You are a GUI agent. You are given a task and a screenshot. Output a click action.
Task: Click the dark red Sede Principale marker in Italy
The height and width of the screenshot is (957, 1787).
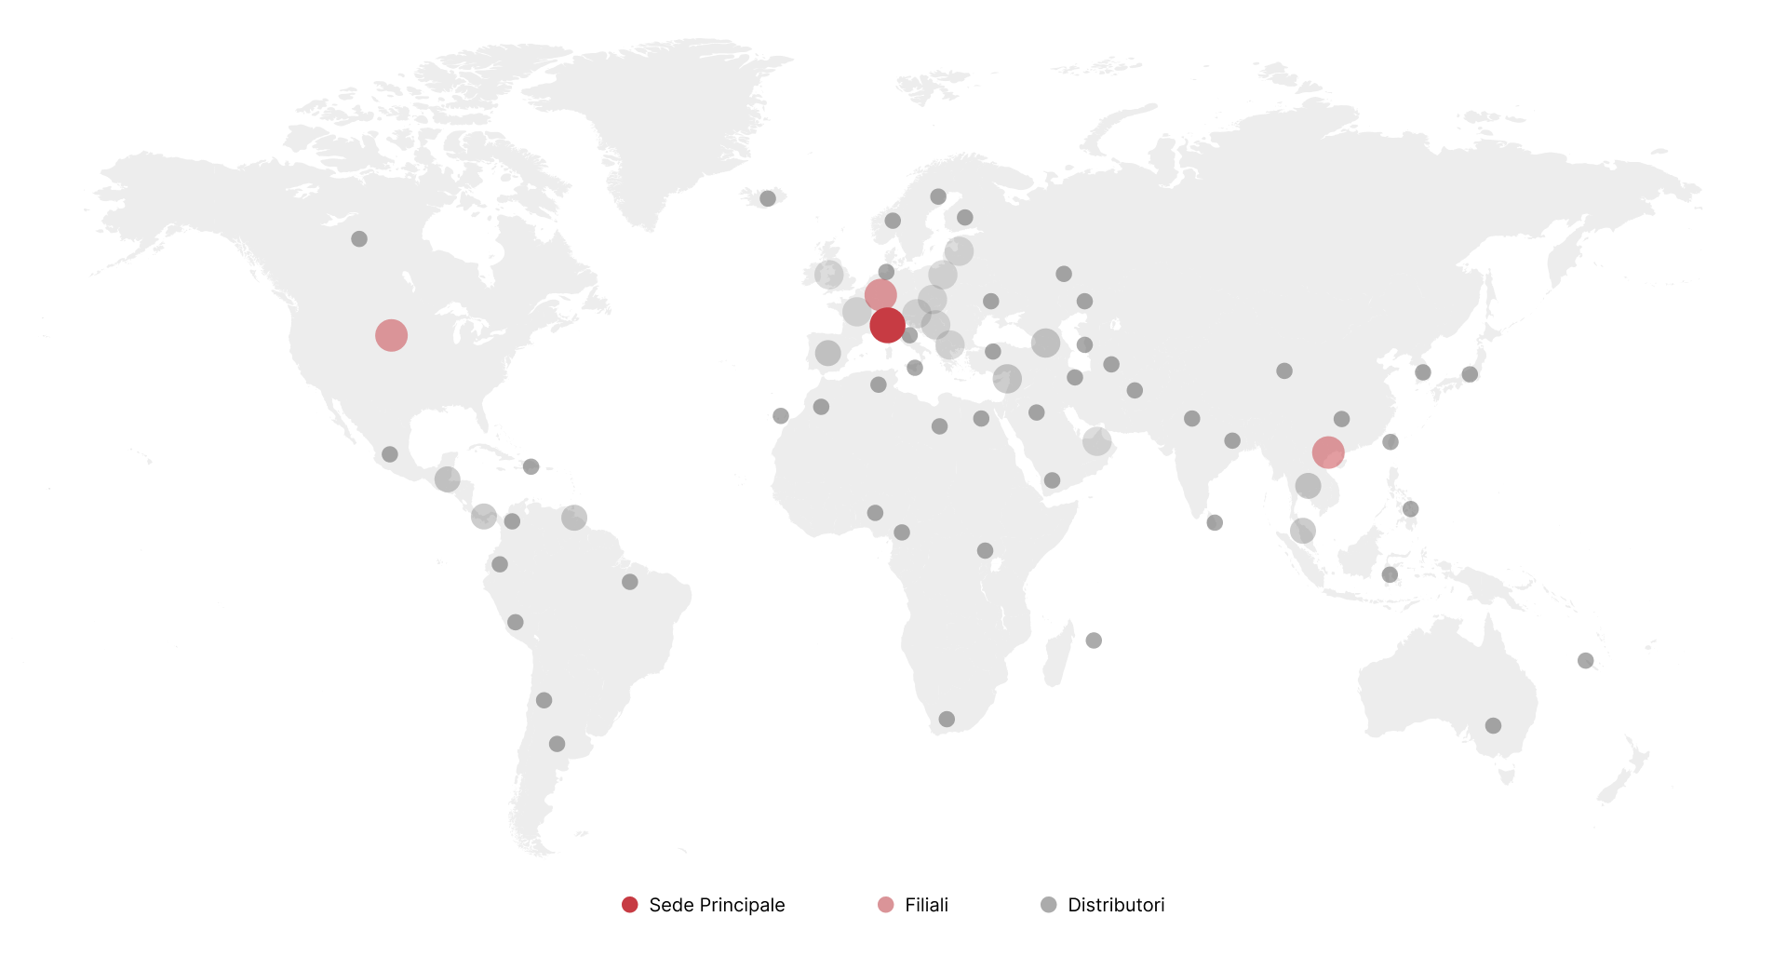click(887, 325)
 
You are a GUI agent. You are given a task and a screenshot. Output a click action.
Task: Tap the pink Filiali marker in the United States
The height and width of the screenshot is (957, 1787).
click(391, 335)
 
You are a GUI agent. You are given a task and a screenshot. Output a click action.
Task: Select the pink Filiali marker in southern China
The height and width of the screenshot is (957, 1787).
click(1328, 452)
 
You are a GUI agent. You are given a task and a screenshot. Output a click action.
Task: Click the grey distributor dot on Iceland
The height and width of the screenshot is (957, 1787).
click(768, 198)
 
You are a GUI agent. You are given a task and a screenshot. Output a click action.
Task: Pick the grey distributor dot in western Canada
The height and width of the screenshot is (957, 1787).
click(359, 239)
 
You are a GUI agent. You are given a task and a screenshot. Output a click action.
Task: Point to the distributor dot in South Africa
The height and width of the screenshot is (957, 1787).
click(947, 719)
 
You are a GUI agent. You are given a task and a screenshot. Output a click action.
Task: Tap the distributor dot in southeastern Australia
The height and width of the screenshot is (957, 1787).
click(1493, 725)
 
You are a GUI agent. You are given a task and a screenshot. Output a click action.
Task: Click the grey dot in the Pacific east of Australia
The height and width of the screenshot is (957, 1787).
click(1586, 660)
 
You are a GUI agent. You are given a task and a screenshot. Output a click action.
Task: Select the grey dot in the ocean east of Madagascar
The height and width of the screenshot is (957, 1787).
click(1094, 640)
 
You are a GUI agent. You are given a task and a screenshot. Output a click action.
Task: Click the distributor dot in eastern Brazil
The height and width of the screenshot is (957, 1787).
click(630, 582)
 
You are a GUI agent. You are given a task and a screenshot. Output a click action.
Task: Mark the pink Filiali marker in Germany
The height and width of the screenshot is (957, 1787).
click(880, 295)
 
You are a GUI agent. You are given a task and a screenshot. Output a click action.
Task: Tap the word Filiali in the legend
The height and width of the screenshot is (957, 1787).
click(926, 905)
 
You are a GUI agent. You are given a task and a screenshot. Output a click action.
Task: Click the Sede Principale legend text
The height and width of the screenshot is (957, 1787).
click(717, 905)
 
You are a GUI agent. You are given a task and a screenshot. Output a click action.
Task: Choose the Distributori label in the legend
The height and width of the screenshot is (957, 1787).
click(1116, 905)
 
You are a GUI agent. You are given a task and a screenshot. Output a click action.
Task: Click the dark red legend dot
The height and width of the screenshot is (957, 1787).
click(630, 905)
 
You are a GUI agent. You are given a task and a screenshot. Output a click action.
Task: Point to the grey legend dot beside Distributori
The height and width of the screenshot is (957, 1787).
click(1049, 905)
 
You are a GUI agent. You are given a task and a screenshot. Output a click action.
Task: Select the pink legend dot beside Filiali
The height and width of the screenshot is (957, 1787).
click(886, 905)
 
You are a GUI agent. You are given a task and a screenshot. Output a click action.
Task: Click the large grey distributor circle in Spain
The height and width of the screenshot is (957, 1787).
click(827, 353)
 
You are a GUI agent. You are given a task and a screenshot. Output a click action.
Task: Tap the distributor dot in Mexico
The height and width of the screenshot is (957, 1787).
click(390, 454)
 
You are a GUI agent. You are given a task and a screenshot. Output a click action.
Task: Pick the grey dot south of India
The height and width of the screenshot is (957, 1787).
click(1215, 522)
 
